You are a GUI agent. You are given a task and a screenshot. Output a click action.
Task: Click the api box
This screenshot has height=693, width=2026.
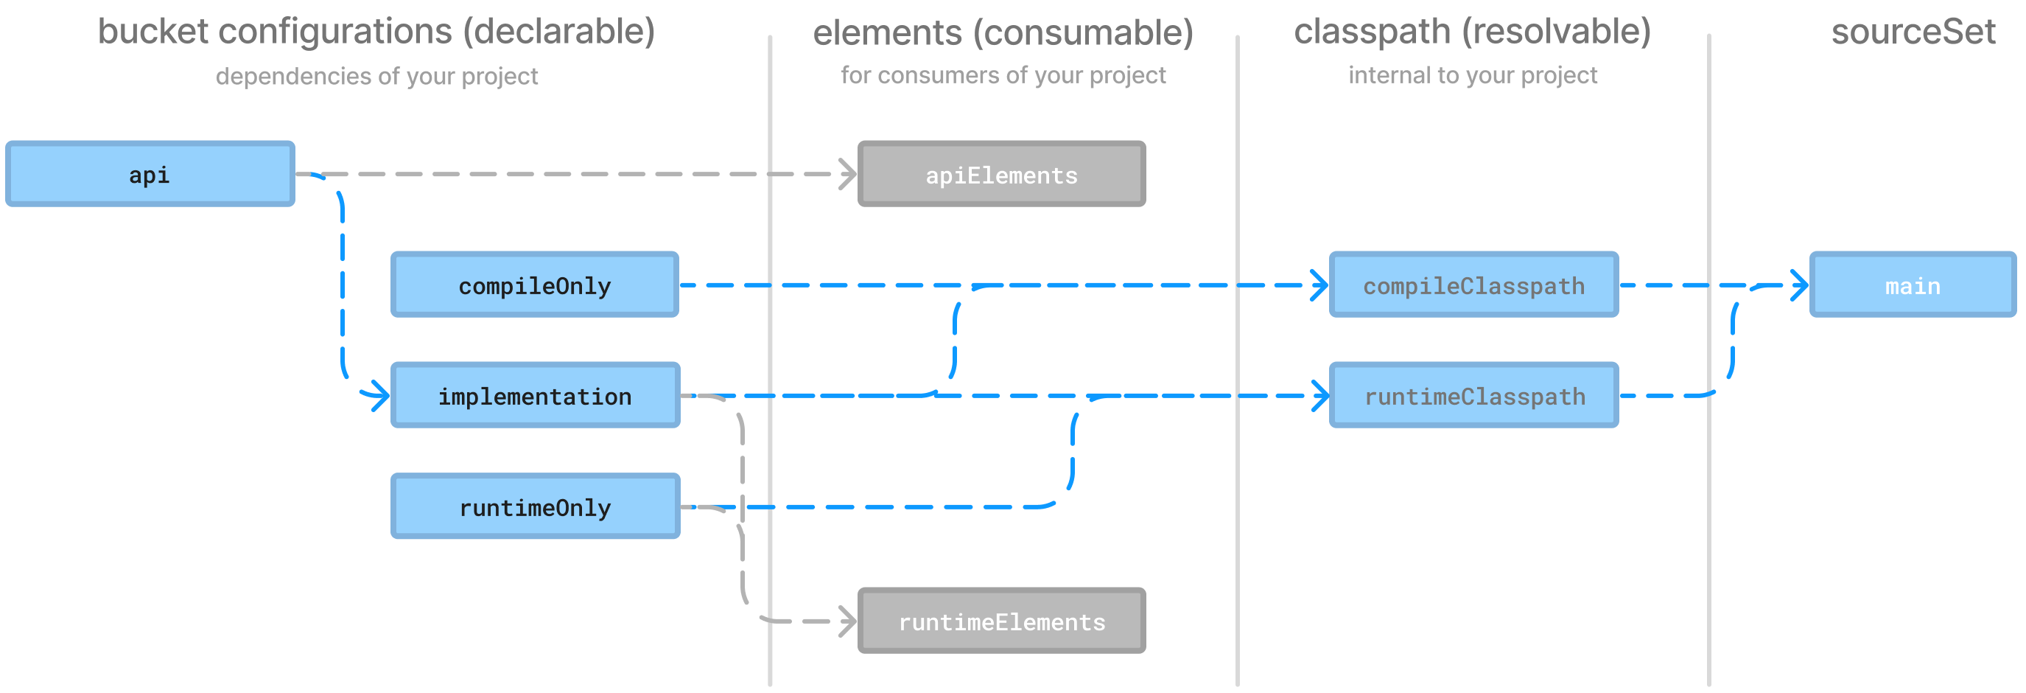150,174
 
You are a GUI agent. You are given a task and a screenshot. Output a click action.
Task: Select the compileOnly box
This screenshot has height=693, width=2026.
535,285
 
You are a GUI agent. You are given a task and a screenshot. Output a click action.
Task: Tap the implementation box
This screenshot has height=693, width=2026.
535,396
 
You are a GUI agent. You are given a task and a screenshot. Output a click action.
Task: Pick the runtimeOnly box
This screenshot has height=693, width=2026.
535,506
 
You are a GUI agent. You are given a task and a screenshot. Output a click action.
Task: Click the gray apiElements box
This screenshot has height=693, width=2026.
1001,175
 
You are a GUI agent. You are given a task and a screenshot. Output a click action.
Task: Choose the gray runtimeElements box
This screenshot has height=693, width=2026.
1001,621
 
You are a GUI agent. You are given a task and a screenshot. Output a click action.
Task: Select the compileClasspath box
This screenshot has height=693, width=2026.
1473,285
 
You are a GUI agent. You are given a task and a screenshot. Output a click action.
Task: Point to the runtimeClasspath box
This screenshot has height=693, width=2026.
1473,396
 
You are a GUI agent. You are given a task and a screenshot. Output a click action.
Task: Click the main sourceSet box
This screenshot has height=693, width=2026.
1912,285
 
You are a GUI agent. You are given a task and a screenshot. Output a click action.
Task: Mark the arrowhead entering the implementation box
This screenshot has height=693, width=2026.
381,396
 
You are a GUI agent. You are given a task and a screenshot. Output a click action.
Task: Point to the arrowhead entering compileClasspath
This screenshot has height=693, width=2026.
1319,285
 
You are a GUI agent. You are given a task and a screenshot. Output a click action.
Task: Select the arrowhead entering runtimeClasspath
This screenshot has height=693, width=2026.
1319,396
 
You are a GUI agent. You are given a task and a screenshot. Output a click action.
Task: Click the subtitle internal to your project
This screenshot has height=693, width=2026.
1472,75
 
